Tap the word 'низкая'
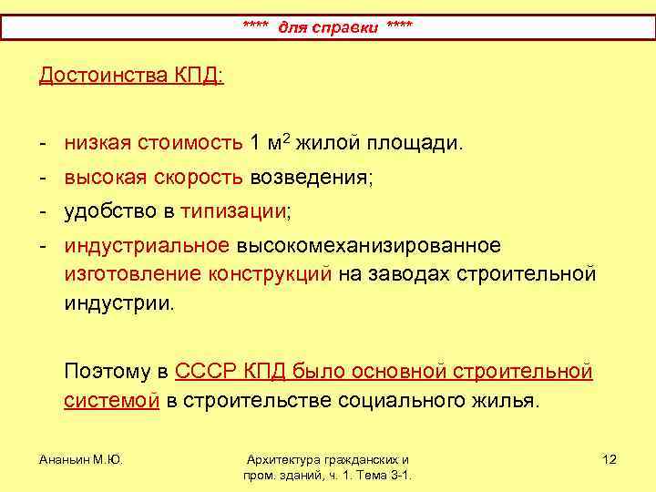[97, 143]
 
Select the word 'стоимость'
[190, 143]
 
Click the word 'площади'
[415, 143]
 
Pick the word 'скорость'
[201, 178]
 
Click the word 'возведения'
[310, 178]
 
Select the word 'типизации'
[233, 212]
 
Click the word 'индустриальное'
[146, 247]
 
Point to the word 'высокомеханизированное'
[368, 247]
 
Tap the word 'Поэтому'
[108, 371]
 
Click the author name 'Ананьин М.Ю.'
[80, 459]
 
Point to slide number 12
[610, 459]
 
